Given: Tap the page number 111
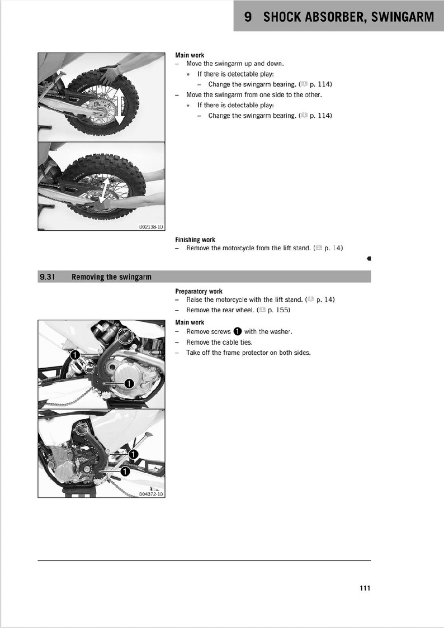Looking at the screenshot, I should click(x=365, y=588).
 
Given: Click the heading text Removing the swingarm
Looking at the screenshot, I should click(x=111, y=277).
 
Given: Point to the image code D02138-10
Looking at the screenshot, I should click(x=151, y=227).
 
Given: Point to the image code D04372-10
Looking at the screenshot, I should click(x=151, y=494).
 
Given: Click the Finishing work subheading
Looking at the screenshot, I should click(x=195, y=240).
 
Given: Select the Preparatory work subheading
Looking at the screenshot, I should click(x=199, y=291).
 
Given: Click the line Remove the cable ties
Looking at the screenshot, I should click(x=219, y=342).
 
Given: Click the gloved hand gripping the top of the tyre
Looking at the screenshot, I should click(x=111, y=71).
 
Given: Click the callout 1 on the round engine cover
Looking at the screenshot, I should click(x=128, y=383).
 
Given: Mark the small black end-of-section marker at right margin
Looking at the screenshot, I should click(x=369, y=259).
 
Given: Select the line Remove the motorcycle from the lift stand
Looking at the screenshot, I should click(x=248, y=248).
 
